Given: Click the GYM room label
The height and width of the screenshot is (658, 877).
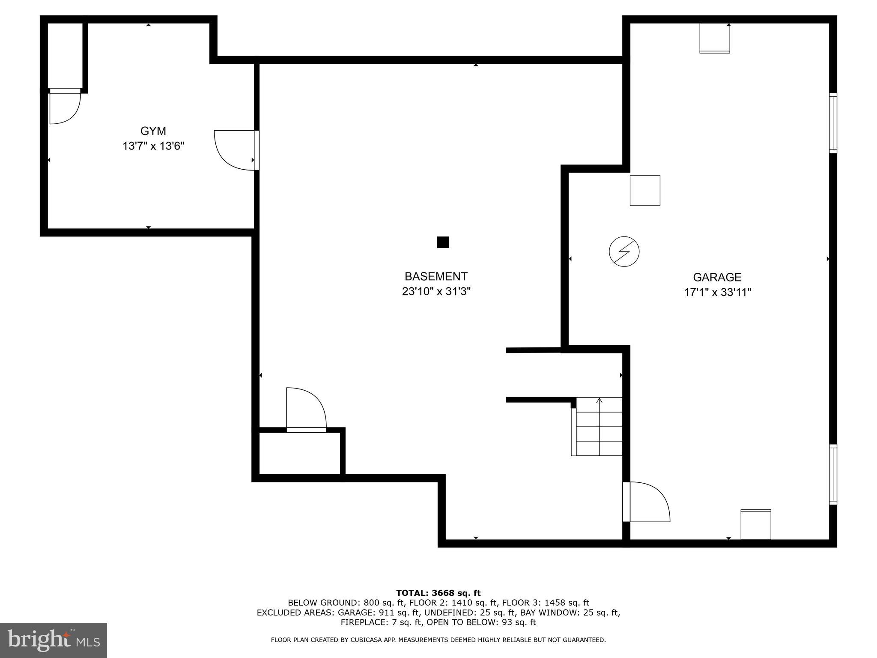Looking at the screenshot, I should pos(153,131).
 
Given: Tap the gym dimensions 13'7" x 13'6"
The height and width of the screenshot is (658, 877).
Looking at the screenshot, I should pos(153,147).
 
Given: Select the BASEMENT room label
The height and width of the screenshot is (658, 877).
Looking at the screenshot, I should pos(436,276).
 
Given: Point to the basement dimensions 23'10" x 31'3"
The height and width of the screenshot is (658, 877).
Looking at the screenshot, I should pos(436,292).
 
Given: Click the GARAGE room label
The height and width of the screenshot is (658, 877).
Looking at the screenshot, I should pos(717,277).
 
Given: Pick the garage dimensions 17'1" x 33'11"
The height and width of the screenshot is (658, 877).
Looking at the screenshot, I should pos(717,293).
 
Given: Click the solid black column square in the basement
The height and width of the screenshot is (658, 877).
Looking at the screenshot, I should pos(443,242).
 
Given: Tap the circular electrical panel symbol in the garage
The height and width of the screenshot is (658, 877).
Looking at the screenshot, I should pos(624,251).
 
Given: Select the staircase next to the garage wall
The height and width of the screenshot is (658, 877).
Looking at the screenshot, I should pos(598,427).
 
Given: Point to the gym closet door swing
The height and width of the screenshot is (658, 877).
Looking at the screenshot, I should pos(65,108).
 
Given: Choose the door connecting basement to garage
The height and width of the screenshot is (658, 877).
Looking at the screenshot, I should pos(646,502).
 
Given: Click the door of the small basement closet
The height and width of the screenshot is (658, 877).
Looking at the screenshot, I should pos(306,409).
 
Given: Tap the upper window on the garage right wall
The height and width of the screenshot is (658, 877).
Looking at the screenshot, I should pos(833,123).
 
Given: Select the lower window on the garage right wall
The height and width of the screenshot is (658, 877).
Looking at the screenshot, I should pos(833,474).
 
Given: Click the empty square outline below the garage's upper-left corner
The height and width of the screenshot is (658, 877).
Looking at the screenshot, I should pos(644,191).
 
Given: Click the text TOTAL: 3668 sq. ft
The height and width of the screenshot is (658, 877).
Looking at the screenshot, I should pos(438,593).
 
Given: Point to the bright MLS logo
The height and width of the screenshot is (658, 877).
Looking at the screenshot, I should pos(54,640).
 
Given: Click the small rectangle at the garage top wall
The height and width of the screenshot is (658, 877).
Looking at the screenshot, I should pos(714,38).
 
